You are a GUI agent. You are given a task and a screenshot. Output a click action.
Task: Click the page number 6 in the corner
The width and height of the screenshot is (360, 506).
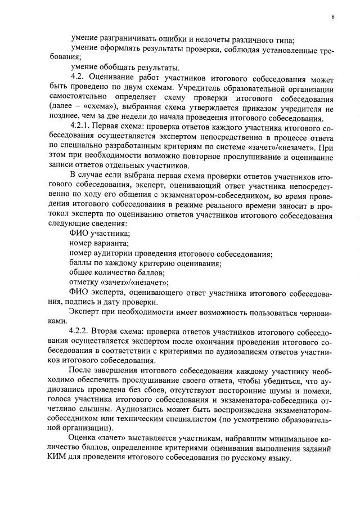point(332,17)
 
